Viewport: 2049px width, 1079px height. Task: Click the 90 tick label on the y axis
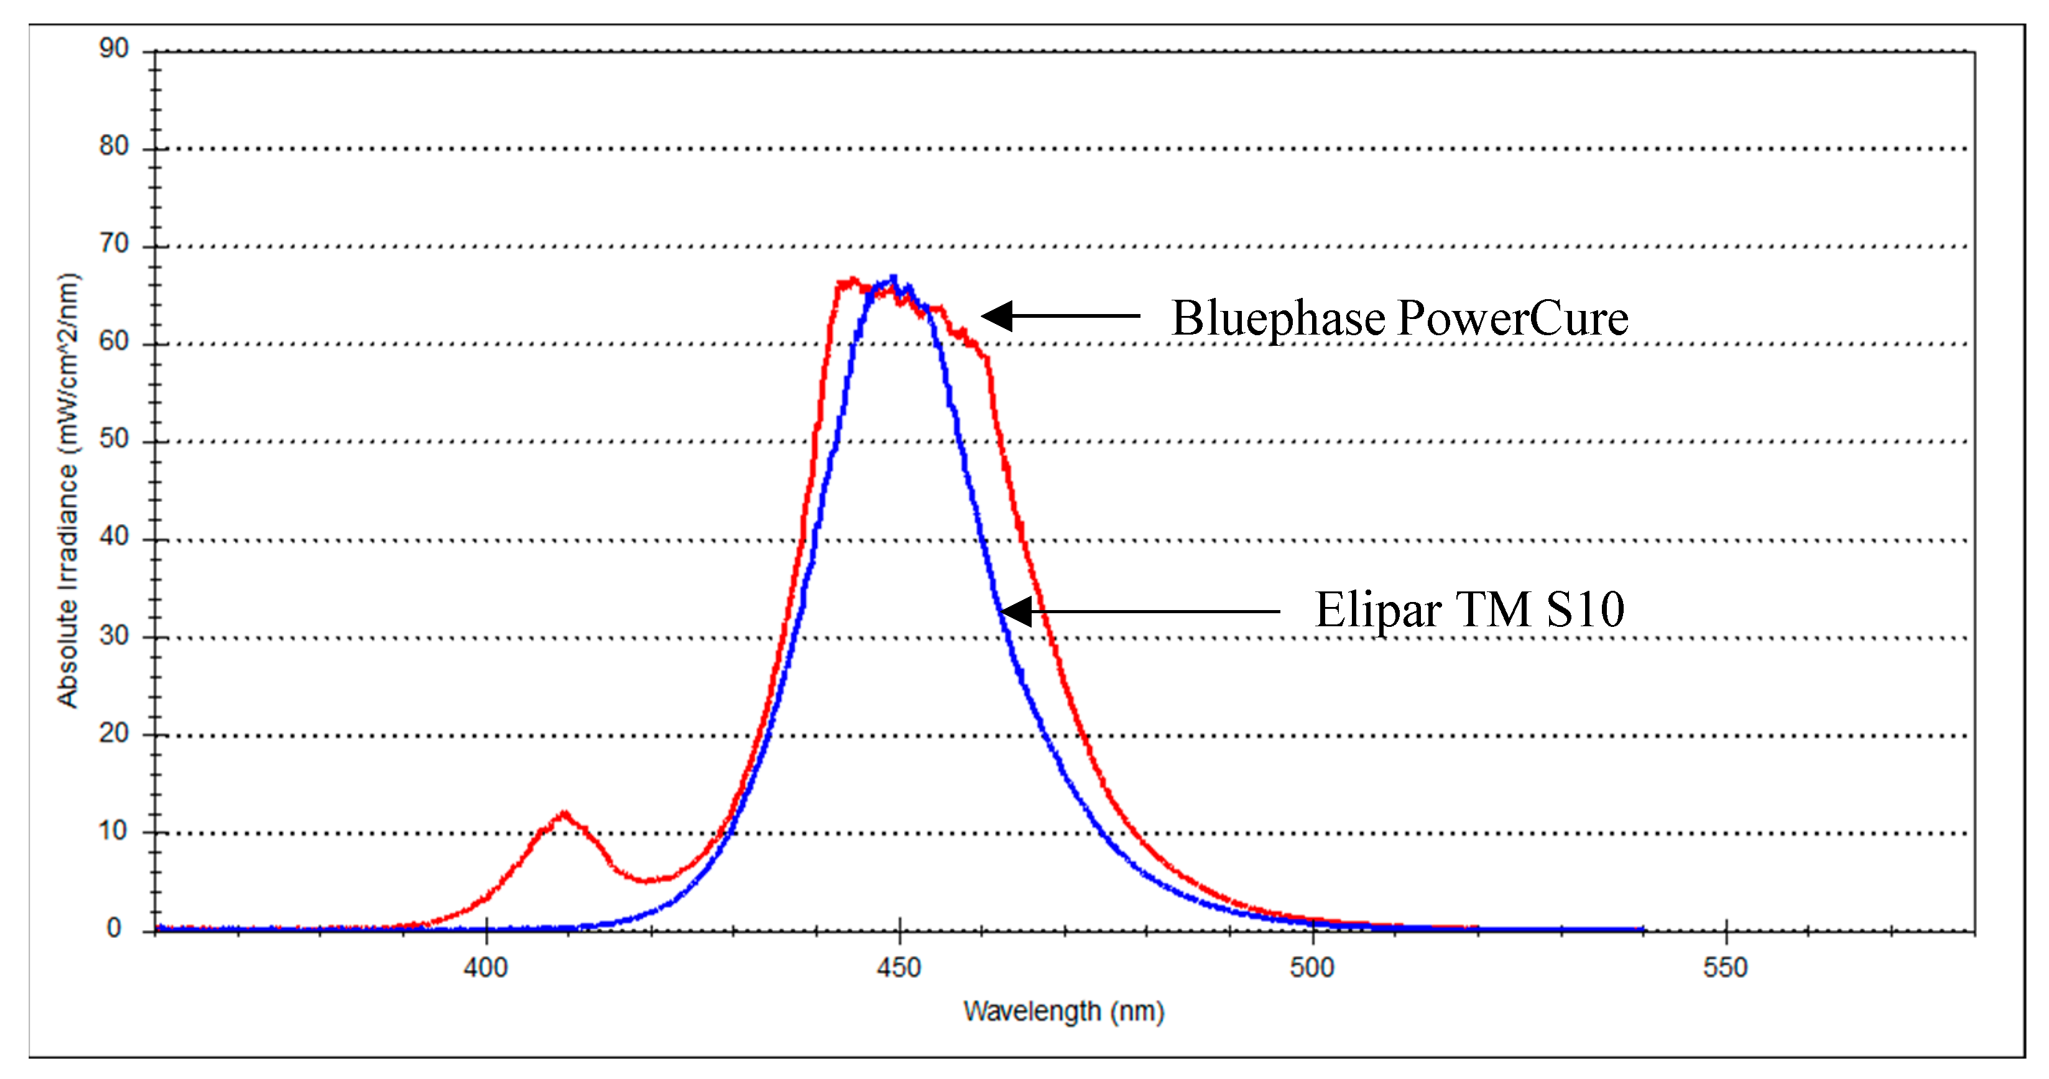pos(114,49)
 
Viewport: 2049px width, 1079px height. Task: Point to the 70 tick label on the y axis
pos(114,244)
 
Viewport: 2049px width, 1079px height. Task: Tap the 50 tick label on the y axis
pos(114,438)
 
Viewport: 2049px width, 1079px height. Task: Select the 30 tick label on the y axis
pos(114,635)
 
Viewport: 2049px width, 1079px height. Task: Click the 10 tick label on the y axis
pos(114,831)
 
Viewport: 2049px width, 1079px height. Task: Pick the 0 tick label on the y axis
pos(114,928)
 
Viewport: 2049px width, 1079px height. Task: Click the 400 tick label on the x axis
pos(485,968)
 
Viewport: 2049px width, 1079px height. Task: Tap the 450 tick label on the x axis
pos(899,968)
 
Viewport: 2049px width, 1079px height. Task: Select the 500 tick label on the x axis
pos(1311,968)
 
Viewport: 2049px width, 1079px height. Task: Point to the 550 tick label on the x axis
pos(1725,968)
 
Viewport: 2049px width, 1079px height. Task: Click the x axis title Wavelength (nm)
pos(1063,1011)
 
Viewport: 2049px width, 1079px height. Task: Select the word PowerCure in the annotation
pos(1513,318)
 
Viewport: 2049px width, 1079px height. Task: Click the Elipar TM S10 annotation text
pos(1469,610)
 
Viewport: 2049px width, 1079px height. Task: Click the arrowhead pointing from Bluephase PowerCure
pos(994,316)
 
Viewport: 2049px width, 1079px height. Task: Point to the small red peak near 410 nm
pos(564,814)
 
